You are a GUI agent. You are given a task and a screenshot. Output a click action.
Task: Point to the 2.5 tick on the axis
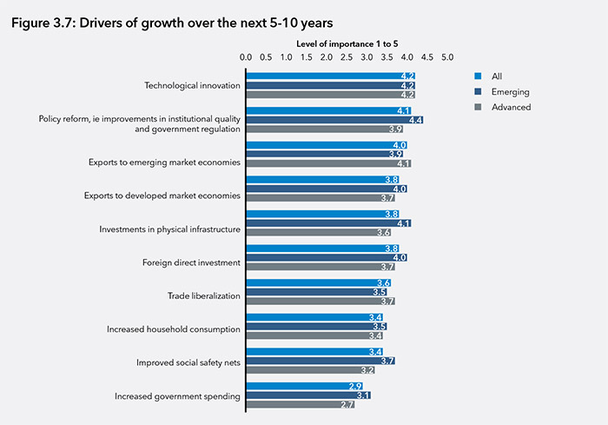[x=346, y=57]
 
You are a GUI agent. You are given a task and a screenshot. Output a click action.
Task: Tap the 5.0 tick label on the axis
[x=447, y=57]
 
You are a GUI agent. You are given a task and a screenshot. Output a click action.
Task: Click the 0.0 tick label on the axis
[x=246, y=57]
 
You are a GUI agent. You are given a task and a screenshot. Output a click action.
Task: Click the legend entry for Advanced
[x=510, y=107]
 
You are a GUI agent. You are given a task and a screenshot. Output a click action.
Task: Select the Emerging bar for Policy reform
[x=334, y=119]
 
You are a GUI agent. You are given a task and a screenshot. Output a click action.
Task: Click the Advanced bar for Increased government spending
[x=300, y=405]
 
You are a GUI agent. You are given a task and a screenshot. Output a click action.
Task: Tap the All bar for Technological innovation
[x=330, y=76]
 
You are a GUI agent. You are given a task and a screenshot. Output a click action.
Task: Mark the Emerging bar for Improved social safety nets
[x=320, y=361]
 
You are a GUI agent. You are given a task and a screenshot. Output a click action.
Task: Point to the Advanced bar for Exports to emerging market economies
[x=327, y=163]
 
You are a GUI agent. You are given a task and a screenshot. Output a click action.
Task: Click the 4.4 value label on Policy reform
[x=415, y=119]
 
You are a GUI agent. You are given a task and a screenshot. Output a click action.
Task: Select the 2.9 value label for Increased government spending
[x=354, y=386]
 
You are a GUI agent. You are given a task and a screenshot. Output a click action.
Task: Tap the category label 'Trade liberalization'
[x=203, y=296]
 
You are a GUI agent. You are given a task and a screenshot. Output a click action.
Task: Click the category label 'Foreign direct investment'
[x=191, y=262]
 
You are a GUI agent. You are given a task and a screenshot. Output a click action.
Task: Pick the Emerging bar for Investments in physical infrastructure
[x=327, y=223]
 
